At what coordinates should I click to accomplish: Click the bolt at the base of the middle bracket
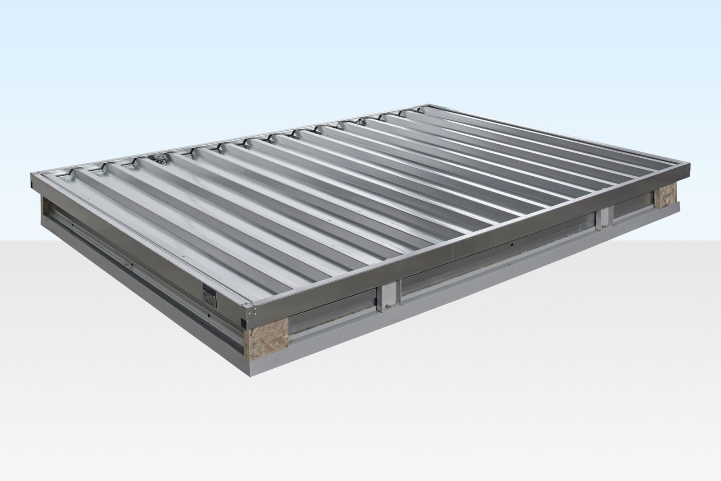pos(386,308)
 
